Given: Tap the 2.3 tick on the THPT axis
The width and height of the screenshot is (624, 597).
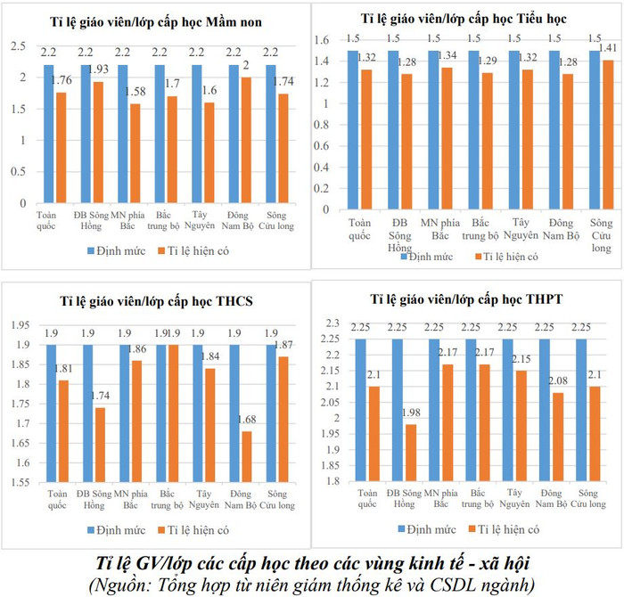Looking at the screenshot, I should [333, 322].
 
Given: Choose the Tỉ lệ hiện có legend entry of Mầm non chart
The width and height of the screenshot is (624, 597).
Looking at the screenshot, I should [194, 249].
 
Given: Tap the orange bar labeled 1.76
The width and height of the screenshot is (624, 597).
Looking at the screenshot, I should [62, 147].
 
